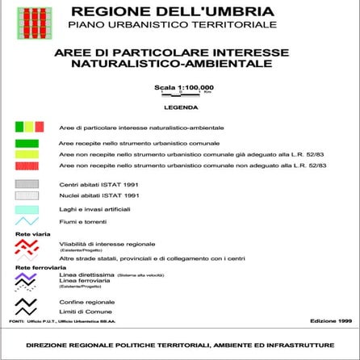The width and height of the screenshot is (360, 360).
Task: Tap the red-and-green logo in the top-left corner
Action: pos(35,22)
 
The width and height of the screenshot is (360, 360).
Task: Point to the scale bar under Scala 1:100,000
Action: pos(184,94)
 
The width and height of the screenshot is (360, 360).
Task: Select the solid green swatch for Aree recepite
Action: pos(27,143)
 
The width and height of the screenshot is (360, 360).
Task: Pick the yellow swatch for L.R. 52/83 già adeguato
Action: pos(27,154)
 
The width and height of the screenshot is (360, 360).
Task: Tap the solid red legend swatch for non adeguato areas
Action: pos(27,165)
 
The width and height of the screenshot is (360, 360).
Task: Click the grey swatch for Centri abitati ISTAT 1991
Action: pos(27,184)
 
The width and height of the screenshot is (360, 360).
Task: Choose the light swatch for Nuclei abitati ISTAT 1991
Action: pos(27,195)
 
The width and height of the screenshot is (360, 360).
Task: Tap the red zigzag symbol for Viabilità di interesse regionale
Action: pos(27,244)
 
